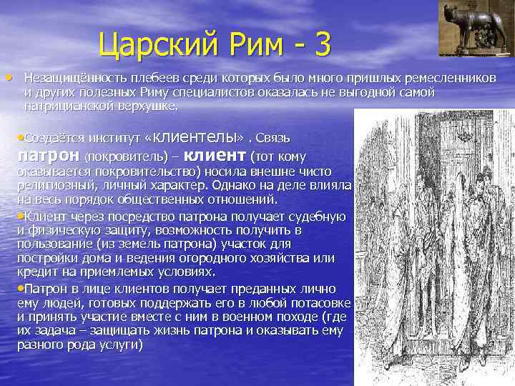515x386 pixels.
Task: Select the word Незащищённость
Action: tap(69, 77)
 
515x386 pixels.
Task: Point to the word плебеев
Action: tap(143, 77)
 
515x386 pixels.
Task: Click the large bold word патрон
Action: tap(47, 155)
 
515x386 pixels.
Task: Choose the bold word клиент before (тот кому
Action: tap(215, 154)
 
